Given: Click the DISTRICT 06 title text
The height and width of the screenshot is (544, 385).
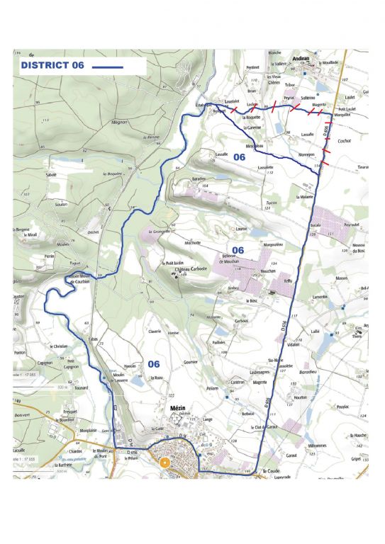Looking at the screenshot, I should coord(52,65).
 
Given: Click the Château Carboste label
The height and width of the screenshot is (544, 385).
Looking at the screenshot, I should coord(190,270).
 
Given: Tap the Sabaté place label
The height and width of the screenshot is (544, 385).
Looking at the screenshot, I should coord(51,174).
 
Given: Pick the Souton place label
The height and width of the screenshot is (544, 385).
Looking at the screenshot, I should coord(60,204).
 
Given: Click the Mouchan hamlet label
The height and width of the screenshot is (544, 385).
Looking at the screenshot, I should coord(247,271).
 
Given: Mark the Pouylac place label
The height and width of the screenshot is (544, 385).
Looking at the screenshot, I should coord(343,407).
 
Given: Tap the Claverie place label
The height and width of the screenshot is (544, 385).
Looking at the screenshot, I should coord(155,331).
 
